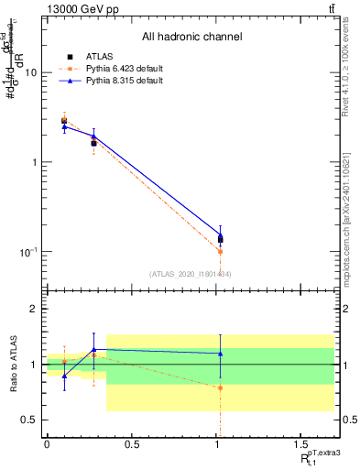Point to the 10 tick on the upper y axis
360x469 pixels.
[x=32, y=72]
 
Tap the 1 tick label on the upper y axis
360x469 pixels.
[x=36, y=162]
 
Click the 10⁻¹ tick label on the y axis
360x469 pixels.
[x=29, y=251]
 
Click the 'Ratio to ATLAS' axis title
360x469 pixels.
[x=12, y=364]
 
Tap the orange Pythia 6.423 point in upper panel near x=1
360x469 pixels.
[x=221, y=251]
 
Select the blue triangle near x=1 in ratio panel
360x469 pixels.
[x=221, y=354]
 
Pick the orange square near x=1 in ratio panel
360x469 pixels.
[x=221, y=387]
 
